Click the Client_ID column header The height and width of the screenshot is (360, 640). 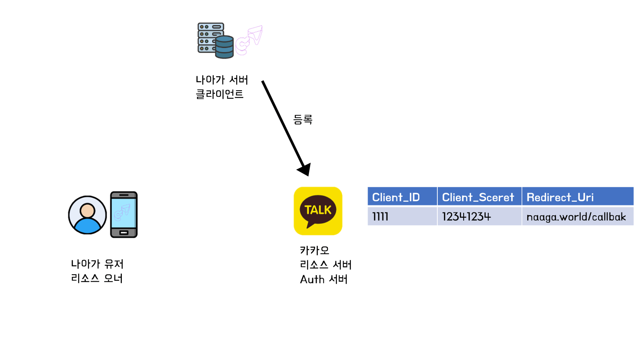click(x=396, y=197)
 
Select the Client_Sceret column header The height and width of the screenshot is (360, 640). click(x=478, y=197)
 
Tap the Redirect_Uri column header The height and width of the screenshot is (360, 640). click(x=560, y=197)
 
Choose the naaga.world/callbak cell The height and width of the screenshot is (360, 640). click(x=576, y=216)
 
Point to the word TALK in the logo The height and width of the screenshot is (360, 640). click(x=318, y=210)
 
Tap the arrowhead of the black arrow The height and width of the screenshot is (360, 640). click(x=304, y=169)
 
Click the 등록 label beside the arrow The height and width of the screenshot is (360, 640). click(x=303, y=120)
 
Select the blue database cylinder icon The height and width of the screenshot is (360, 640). click(x=224, y=47)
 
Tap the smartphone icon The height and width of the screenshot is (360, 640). click(x=123, y=214)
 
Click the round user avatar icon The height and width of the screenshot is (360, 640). click(x=87, y=215)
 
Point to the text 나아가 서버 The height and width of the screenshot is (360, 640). click(x=222, y=80)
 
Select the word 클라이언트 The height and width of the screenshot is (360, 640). click(x=219, y=94)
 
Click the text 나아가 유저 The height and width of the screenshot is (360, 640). click(x=97, y=264)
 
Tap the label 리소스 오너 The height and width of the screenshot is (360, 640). click(x=97, y=278)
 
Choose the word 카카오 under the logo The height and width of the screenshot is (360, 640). click(x=315, y=250)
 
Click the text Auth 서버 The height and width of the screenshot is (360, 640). click(x=324, y=279)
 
